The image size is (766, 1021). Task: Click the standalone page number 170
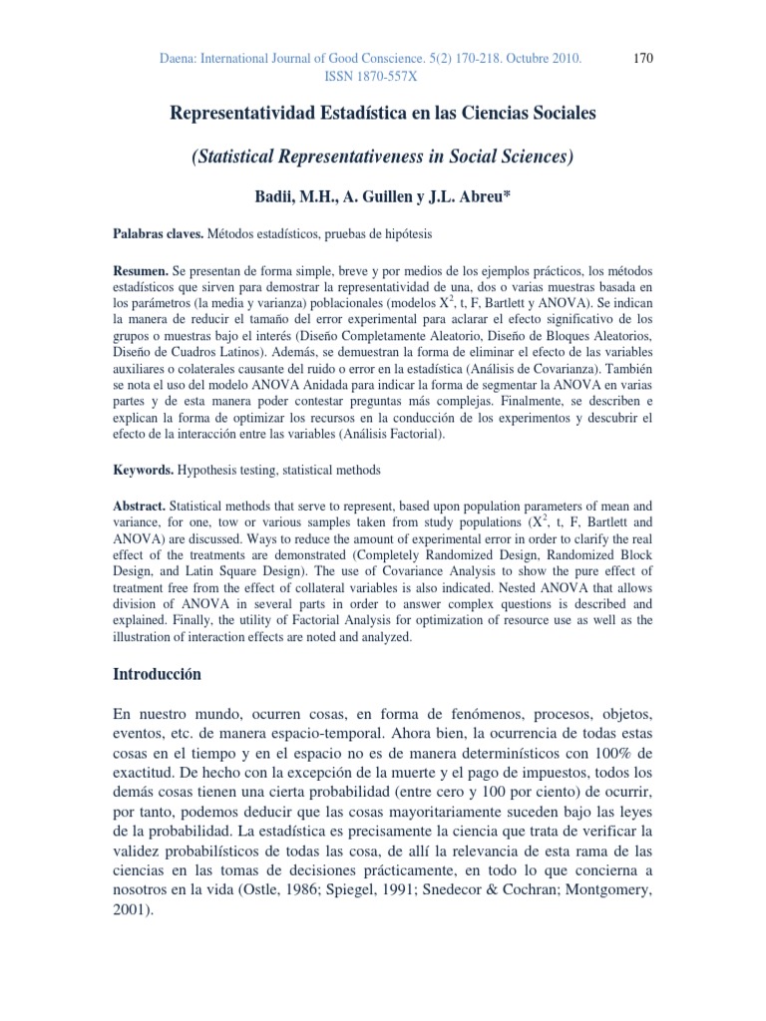tap(643, 59)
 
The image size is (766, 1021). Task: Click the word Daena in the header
tap(181, 60)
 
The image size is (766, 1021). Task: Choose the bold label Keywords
tap(143, 470)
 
